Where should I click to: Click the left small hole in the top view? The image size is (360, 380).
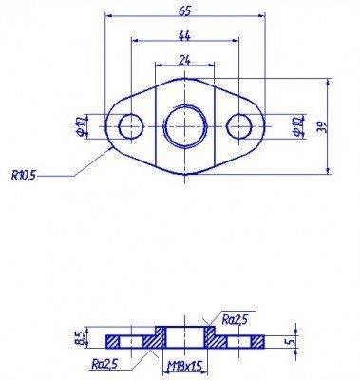(x=129, y=123)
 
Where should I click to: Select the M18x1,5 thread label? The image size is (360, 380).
(x=186, y=364)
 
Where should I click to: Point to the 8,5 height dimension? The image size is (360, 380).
(x=81, y=338)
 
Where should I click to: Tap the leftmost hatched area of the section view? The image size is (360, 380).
(x=120, y=340)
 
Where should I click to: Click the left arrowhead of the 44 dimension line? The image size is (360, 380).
(x=134, y=41)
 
